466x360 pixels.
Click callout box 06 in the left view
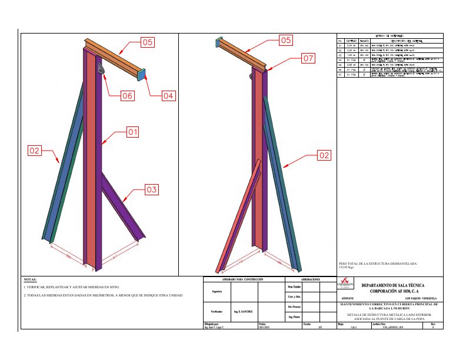(128, 95)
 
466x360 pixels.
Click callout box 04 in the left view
(168, 95)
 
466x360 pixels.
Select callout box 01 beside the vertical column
(132, 132)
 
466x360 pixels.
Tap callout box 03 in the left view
(152, 189)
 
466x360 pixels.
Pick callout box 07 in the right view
(308, 58)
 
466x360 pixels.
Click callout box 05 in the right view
(285, 40)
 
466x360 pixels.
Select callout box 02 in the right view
(324, 155)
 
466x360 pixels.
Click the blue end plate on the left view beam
(142, 75)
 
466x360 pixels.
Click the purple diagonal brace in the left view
(121, 203)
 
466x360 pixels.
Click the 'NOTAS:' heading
(30, 280)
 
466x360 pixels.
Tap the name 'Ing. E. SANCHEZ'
(242, 311)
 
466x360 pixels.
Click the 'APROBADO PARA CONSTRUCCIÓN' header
(242, 279)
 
